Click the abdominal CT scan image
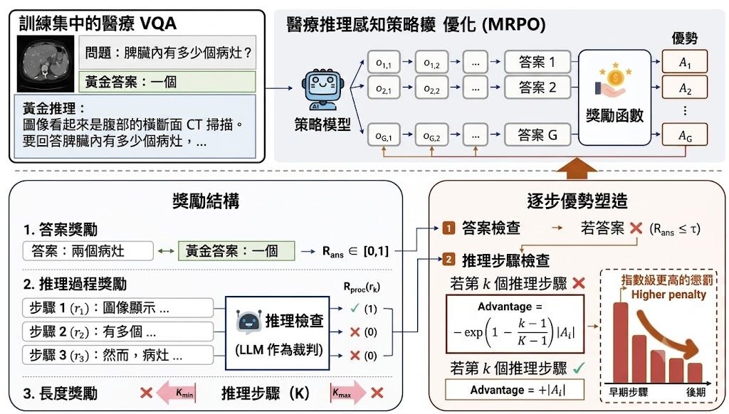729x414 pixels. (x=46, y=63)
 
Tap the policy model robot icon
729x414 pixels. (x=322, y=90)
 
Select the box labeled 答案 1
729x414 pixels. (x=537, y=62)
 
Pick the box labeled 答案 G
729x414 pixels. (x=537, y=134)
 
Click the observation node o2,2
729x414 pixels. (x=431, y=87)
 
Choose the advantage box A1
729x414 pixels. (x=684, y=62)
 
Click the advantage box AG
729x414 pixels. (x=684, y=134)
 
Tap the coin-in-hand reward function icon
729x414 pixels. (x=614, y=80)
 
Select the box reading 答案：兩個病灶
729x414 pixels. (x=88, y=251)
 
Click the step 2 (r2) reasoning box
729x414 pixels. (x=117, y=331)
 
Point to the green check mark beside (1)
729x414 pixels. (x=355, y=307)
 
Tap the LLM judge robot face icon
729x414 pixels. (x=248, y=321)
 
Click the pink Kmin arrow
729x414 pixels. (x=176, y=393)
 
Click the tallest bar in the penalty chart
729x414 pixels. (x=620, y=342)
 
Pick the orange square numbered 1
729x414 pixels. (x=449, y=228)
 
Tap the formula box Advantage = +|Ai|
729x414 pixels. (x=514, y=389)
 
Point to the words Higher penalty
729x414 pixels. (x=668, y=294)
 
